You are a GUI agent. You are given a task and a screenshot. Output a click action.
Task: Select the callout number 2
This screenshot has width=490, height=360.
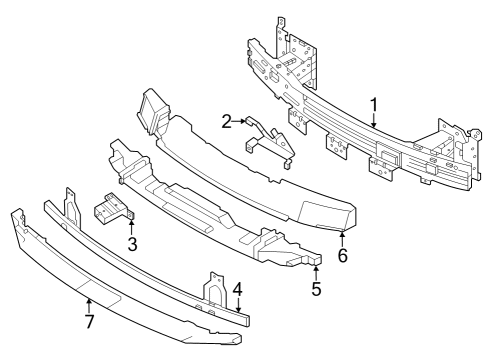pyautogui.click(x=227, y=121)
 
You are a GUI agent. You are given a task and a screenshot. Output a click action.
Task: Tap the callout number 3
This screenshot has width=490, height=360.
pyautogui.click(x=131, y=243)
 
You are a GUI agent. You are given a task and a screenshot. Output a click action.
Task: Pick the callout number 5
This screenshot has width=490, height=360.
pyautogui.click(x=316, y=290)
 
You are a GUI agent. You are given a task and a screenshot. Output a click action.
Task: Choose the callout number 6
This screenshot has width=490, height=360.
pyautogui.click(x=343, y=256)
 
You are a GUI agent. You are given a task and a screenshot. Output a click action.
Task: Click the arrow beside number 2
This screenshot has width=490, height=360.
pyautogui.click(x=243, y=122)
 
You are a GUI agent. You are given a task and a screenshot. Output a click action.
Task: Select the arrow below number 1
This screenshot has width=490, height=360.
pyautogui.click(x=373, y=121)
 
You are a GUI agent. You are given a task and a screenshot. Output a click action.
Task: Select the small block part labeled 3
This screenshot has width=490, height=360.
pyautogui.click(x=111, y=210)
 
